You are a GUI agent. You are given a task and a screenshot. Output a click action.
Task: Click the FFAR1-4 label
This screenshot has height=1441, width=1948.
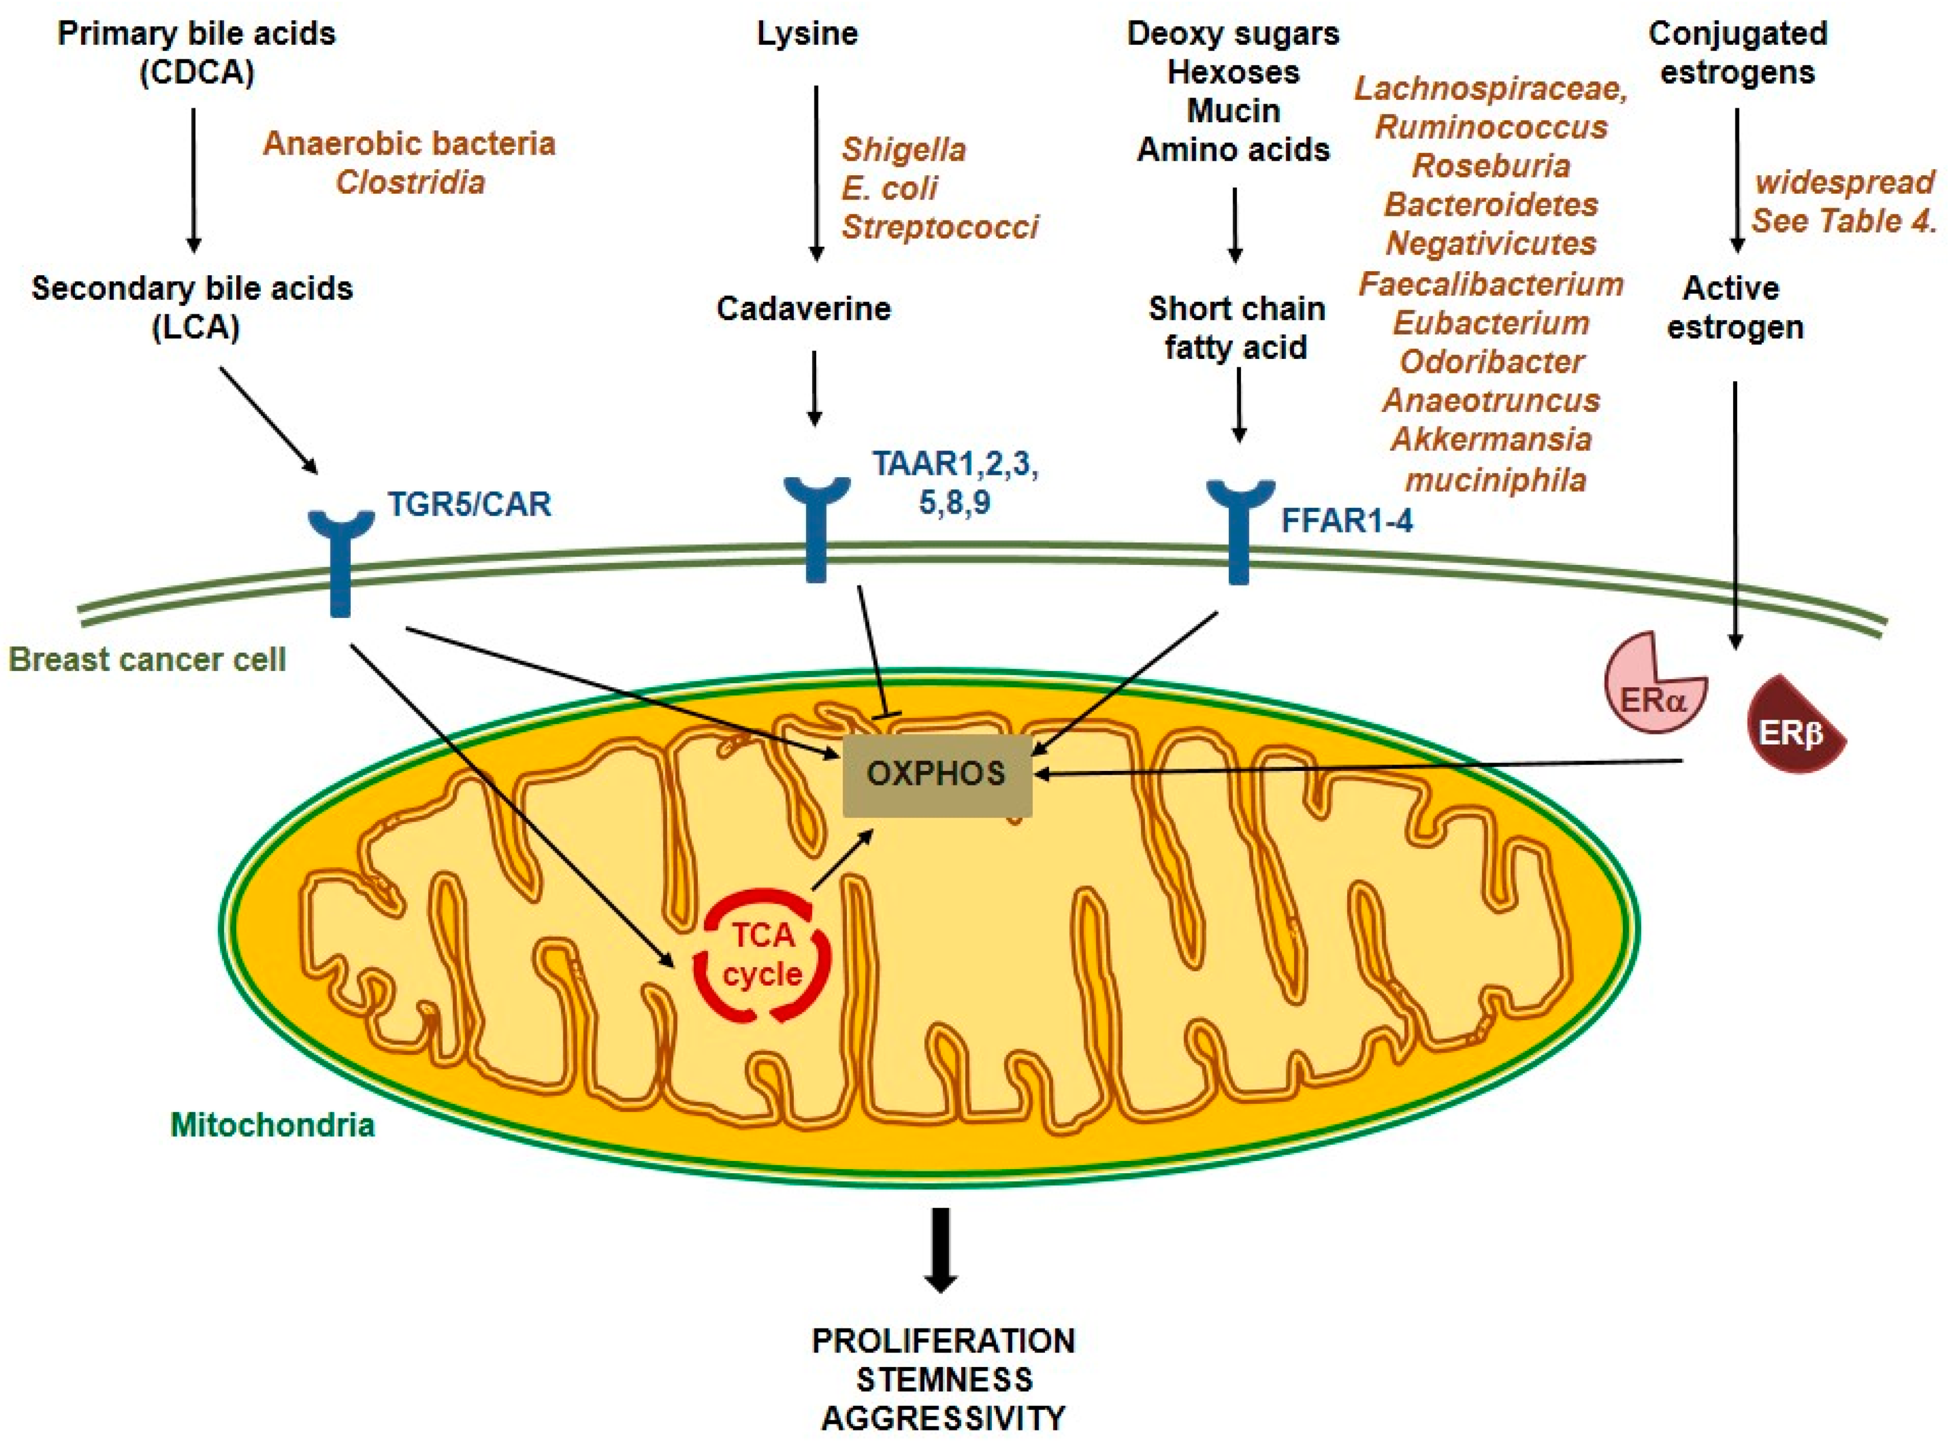click(x=1346, y=521)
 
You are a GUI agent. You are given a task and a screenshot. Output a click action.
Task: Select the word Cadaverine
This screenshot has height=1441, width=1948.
click(x=804, y=309)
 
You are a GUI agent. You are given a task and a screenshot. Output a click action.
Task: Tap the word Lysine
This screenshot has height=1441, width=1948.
click(x=807, y=34)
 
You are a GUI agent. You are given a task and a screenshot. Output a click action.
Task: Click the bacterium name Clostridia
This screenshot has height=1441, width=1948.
click(x=410, y=182)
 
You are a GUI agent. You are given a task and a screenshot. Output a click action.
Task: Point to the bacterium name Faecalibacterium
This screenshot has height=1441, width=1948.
click(x=1490, y=284)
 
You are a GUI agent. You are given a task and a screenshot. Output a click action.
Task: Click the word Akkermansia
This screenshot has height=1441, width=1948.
click(x=1491, y=439)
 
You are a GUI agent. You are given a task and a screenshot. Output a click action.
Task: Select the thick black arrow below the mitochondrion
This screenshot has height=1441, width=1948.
click(x=940, y=1249)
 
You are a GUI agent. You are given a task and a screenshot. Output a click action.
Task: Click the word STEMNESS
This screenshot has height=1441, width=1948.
click(x=944, y=1380)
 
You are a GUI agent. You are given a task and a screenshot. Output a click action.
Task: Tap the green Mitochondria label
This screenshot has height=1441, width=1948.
click(x=272, y=1125)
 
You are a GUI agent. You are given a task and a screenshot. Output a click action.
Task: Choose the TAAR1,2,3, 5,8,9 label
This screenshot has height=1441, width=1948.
click(x=955, y=483)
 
